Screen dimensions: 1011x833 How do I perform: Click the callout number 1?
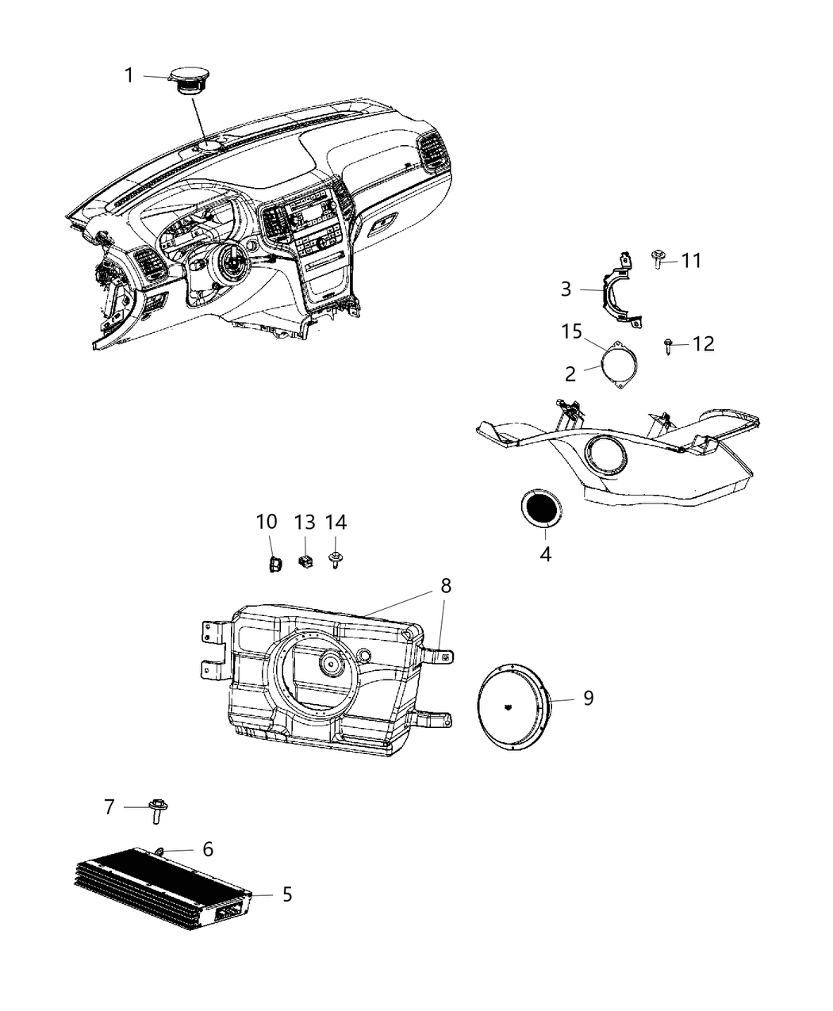coord(129,75)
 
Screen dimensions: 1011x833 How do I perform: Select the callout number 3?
coord(566,289)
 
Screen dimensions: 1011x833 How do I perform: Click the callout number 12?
coord(703,343)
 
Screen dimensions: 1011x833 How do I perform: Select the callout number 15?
coord(572,331)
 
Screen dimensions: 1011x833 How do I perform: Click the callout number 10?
coord(267,522)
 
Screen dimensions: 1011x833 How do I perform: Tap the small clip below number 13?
coord(305,561)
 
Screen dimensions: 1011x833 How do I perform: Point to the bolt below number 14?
coord(336,561)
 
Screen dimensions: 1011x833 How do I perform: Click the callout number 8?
coord(446,586)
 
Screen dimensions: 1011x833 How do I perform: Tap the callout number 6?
coord(208,849)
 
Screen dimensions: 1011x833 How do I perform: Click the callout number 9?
coord(588,699)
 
